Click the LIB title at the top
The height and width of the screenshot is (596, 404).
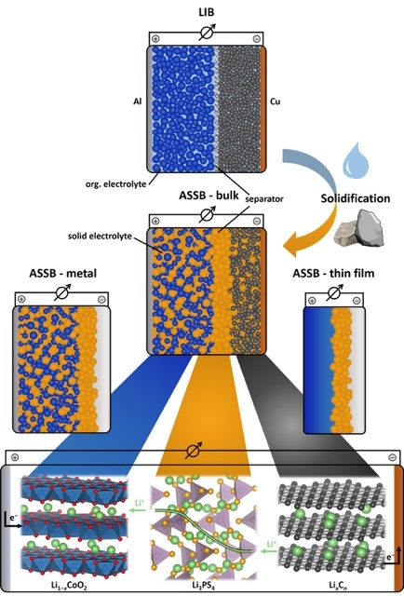207,12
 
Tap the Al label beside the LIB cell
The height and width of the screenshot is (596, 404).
137,102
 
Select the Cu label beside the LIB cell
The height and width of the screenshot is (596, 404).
276,102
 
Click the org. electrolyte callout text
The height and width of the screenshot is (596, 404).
115,184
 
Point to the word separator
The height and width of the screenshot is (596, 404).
264,198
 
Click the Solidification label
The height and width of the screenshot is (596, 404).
356,198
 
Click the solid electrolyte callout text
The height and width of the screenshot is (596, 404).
100,236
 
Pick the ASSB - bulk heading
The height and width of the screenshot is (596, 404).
209,196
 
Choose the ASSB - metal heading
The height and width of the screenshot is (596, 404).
63,273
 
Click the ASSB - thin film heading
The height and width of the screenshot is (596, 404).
333,273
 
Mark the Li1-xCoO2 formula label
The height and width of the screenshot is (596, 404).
72,587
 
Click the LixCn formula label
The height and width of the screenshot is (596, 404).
336,587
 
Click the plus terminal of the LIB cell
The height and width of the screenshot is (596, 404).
155,39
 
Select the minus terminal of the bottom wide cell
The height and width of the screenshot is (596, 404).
393,457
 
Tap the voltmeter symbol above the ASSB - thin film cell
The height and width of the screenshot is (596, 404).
334,292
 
